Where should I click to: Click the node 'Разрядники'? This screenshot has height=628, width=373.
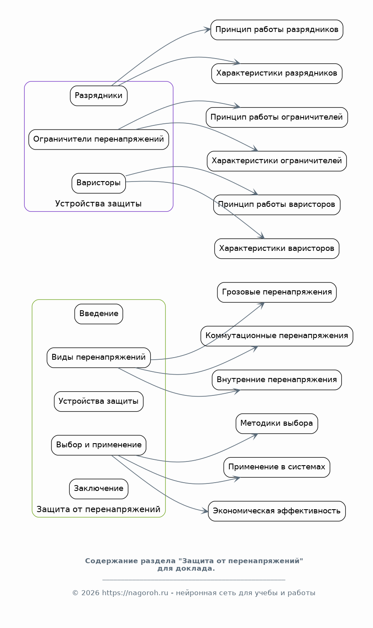click(99, 96)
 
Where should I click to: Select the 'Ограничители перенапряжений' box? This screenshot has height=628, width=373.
click(99, 140)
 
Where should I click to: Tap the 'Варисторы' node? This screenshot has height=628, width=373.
click(99, 183)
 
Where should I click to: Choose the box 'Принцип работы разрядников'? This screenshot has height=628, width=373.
click(277, 30)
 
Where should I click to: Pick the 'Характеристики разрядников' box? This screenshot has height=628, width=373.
click(277, 74)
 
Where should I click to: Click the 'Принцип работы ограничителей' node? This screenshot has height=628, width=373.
click(277, 118)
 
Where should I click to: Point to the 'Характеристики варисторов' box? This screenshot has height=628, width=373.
click(277, 249)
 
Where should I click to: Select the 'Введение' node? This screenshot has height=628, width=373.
click(99, 314)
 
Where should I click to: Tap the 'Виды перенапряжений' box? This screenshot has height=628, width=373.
click(99, 358)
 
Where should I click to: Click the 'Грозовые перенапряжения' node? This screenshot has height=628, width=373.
click(277, 292)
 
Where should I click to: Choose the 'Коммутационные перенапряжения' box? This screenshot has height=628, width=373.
click(277, 336)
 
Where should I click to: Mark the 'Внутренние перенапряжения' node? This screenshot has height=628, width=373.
click(277, 380)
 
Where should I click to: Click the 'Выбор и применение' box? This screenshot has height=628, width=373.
click(99, 445)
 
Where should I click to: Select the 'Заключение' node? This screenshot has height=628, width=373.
click(99, 489)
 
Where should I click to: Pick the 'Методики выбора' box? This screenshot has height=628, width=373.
click(277, 424)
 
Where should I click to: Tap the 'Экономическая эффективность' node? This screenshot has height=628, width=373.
click(277, 511)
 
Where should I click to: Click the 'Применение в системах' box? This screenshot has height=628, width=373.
click(277, 467)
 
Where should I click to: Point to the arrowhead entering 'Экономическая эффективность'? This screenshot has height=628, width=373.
click(205, 511)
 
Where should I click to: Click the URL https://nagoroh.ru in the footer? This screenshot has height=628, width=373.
click(135, 593)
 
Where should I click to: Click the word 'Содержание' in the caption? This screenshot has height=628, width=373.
click(106, 561)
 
